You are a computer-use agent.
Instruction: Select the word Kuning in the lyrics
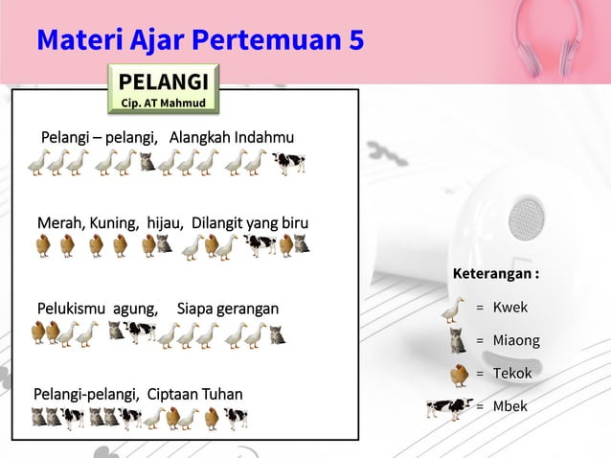115,223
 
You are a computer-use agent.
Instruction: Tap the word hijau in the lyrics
164,223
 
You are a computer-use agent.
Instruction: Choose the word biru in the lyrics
292,223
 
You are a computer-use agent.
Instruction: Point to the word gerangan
248,309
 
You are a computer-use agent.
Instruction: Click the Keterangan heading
495,275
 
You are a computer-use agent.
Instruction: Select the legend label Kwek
509,308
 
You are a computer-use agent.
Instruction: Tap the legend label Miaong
516,340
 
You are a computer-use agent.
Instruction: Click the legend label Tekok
512,373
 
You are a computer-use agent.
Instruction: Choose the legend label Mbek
509,406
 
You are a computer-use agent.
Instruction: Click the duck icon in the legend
454,309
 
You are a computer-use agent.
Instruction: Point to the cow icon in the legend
448,408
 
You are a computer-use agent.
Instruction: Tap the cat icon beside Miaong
458,340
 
